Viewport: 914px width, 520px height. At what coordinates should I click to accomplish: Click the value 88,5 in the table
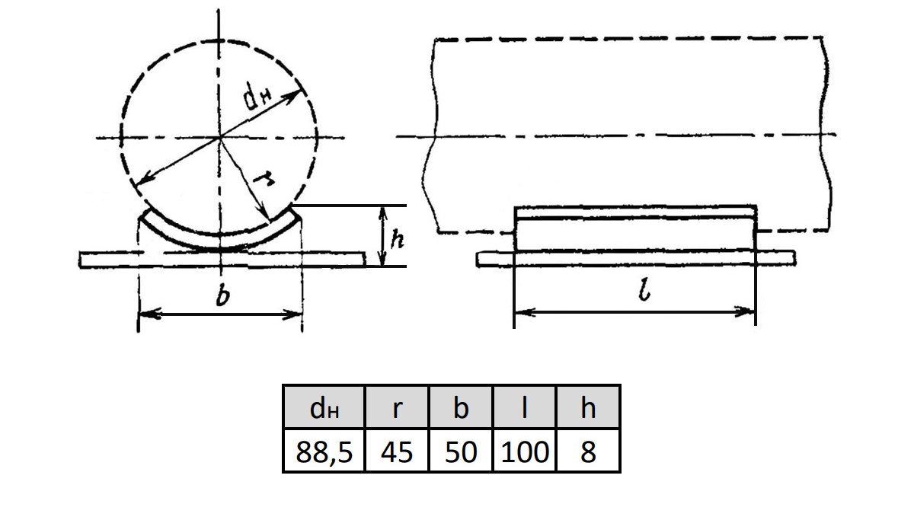click(324, 451)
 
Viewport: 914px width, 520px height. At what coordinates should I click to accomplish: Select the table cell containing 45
click(397, 451)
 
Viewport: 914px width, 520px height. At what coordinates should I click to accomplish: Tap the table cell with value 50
click(461, 451)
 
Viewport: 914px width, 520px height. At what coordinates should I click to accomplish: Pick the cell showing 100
click(525, 451)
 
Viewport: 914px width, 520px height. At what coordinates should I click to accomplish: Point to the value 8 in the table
click(588, 451)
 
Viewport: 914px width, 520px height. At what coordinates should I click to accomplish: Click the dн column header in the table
click(324, 408)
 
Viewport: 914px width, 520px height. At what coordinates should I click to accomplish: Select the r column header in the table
click(397, 408)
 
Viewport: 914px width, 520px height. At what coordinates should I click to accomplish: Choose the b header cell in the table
click(461, 408)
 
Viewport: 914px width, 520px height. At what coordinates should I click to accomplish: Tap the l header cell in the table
click(524, 408)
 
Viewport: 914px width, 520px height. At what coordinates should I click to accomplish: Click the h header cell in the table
click(588, 408)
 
